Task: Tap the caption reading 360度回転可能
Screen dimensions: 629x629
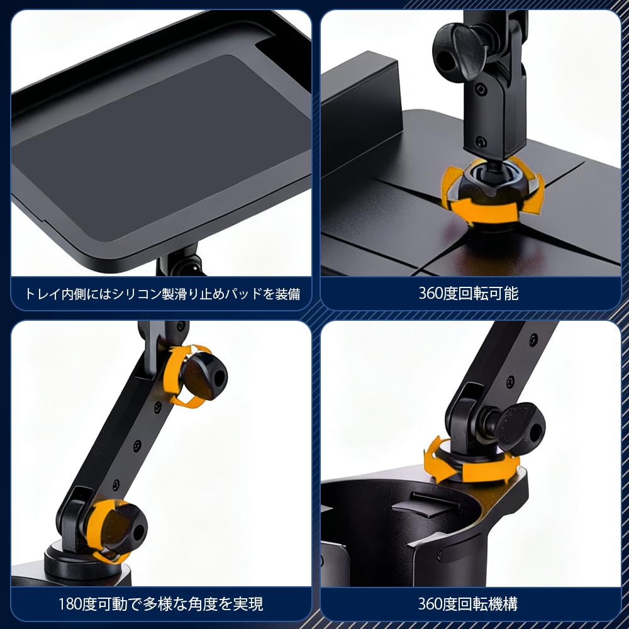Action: [x=469, y=293]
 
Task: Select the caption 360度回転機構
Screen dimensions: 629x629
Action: [x=469, y=604]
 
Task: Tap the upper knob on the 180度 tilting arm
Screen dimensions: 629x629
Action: [x=203, y=376]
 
